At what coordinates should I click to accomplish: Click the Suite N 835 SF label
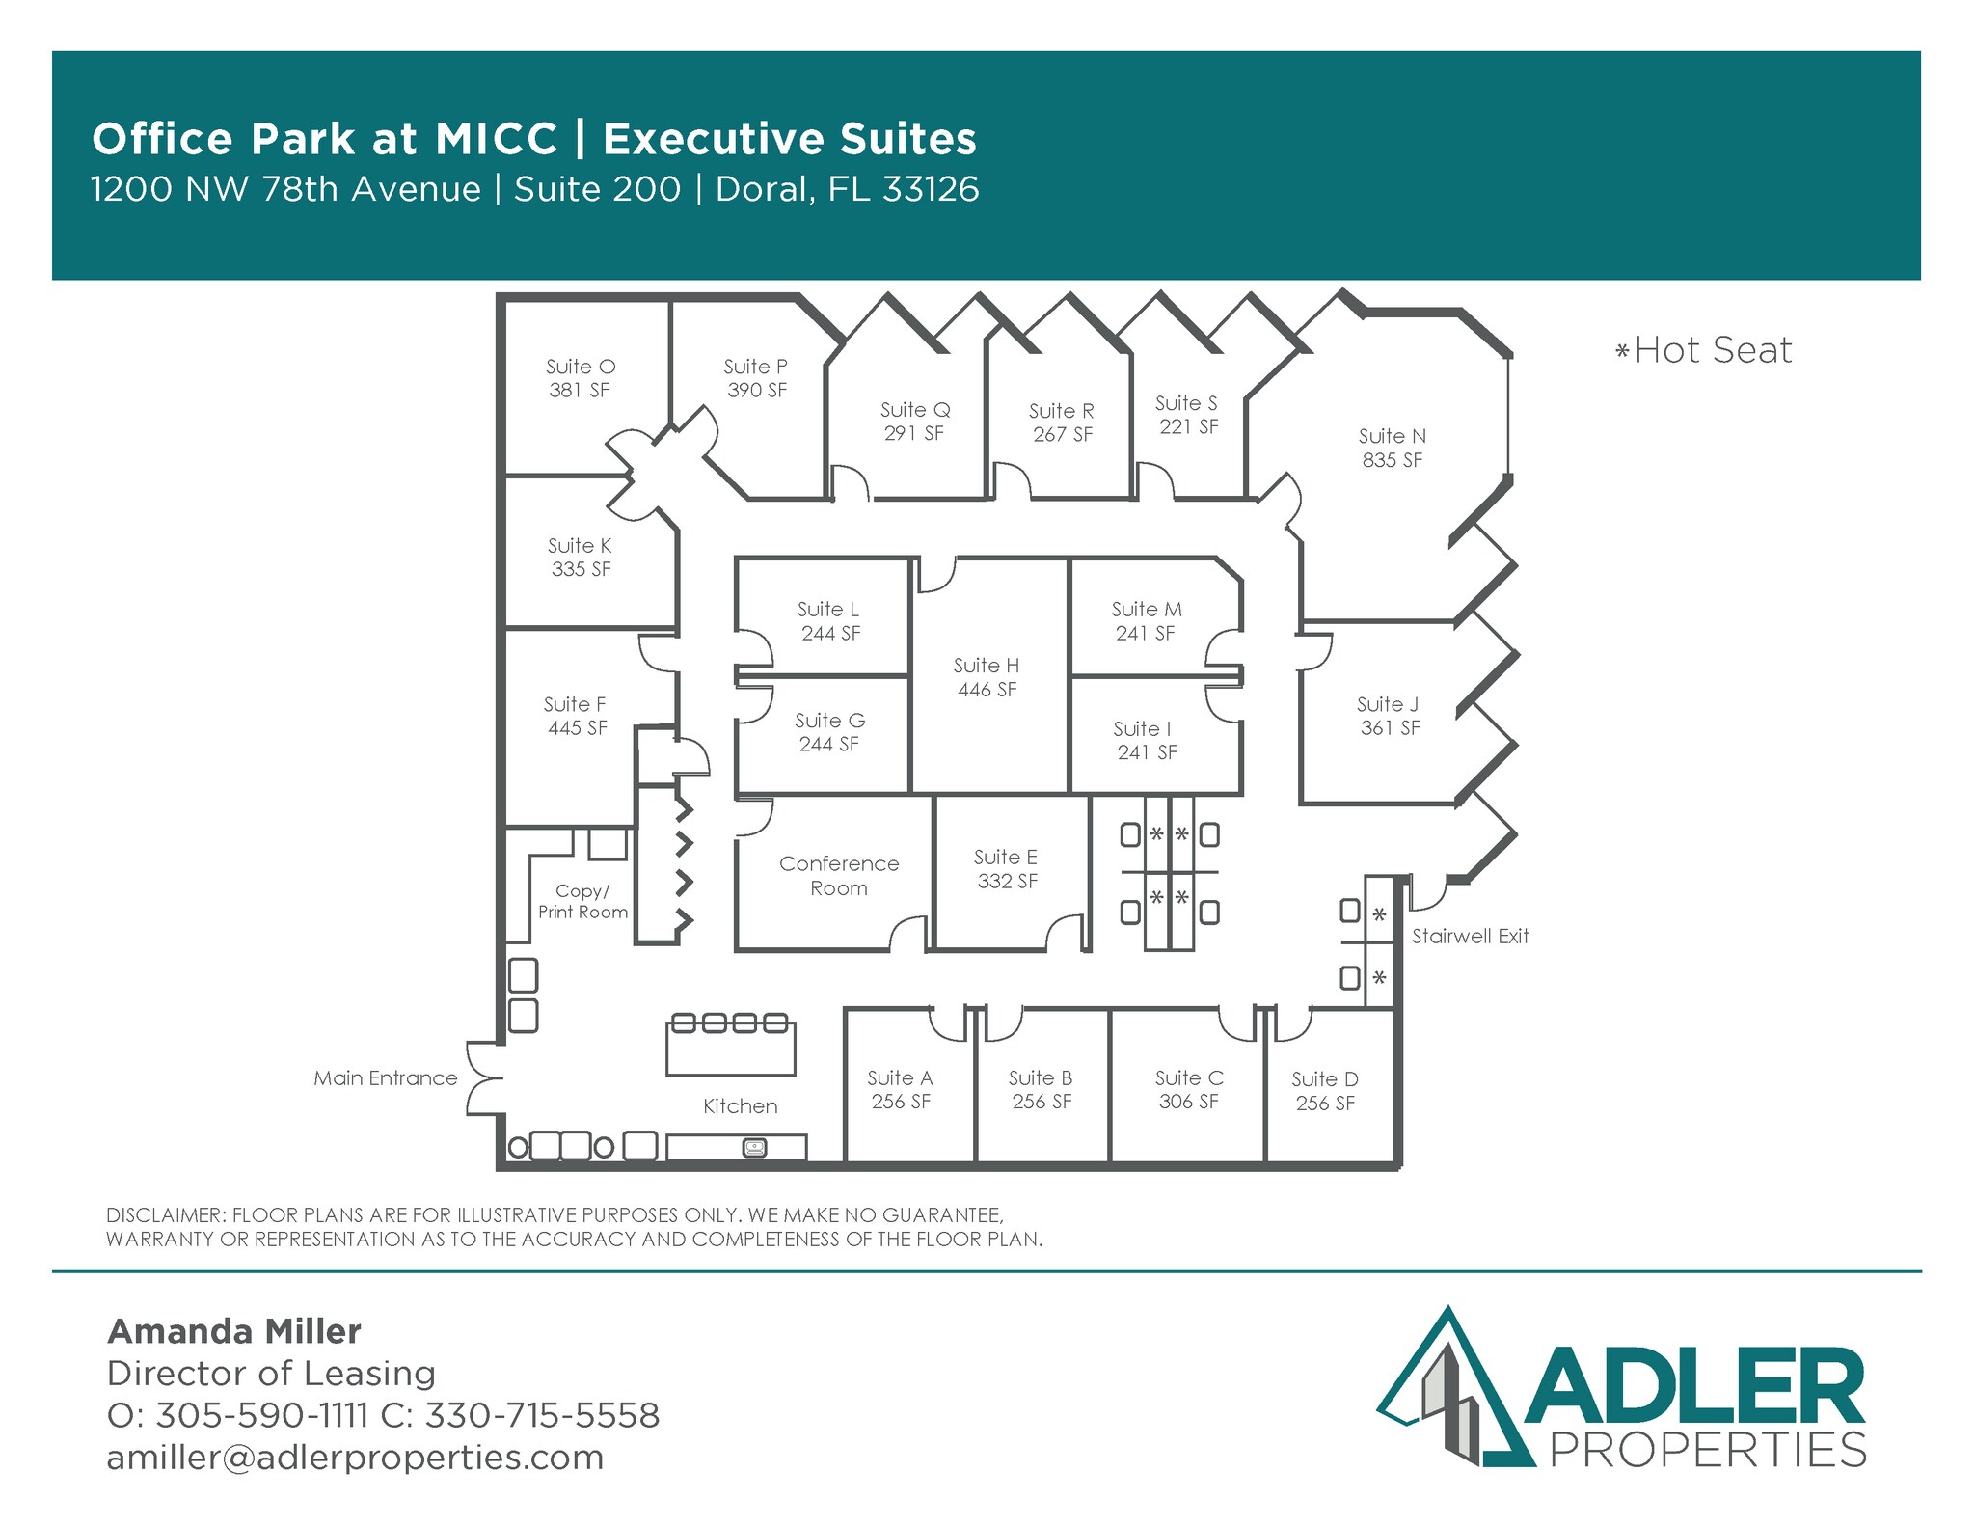coord(1392,449)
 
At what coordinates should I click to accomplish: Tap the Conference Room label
coord(839,876)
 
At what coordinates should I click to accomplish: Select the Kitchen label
coord(740,1106)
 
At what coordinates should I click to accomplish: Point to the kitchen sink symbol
coord(754,1147)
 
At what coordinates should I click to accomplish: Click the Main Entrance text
coord(386,1078)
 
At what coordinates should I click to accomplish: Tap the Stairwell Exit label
coord(1470,937)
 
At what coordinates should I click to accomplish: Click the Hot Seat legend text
coord(1704,350)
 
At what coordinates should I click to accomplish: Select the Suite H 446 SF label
coord(987,677)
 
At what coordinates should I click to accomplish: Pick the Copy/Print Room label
coord(582,902)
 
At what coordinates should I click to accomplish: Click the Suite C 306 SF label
coord(1189,1090)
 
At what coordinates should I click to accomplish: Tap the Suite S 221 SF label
coord(1187,415)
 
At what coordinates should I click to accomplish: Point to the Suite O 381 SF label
coord(580,378)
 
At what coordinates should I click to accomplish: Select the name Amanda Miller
coord(234,1332)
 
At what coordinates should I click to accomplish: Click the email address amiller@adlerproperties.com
coord(355,1458)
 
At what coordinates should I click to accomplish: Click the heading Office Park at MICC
coord(325,139)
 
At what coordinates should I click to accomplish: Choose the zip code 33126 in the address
coord(931,189)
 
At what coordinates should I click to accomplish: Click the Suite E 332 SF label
coord(1007,869)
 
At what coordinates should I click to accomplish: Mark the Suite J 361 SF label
coord(1389,716)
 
